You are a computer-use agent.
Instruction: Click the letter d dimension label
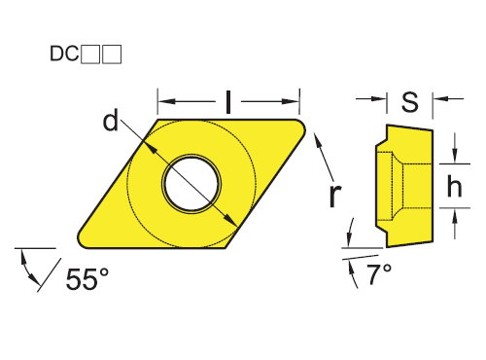point(111,121)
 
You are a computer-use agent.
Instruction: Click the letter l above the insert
point(228,102)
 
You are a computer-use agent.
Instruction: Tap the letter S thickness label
point(410,101)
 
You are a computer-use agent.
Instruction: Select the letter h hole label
point(454,186)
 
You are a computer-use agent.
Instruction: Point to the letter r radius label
point(335,197)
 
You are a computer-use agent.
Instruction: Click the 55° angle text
point(87,279)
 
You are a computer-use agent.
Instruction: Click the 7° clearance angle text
point(379,274)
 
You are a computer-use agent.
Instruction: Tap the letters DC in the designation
point(64,54)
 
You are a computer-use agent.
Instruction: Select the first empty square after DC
point(90,54)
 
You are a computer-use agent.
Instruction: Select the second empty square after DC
point(112,54)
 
